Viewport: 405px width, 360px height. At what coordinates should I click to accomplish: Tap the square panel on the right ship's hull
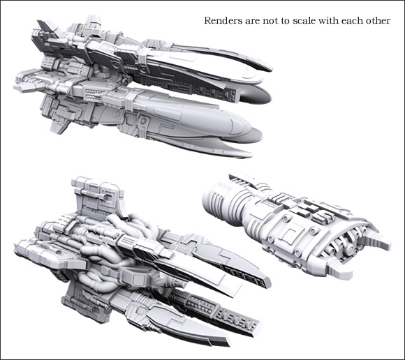(291, 234)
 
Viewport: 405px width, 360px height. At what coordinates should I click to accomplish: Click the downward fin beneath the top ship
(61, 126)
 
